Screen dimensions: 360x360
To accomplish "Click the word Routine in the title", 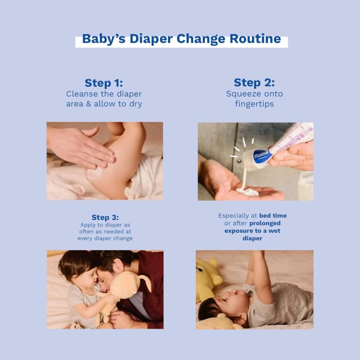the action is pos(255,39).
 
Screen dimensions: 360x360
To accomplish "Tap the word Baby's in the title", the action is pos(104,39).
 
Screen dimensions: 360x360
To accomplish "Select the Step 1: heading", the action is pos(104,83).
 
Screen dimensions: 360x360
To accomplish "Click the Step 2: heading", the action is pos(254,83).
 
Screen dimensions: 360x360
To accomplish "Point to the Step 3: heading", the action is pos(105,217).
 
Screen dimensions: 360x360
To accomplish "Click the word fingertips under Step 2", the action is pos(254,104).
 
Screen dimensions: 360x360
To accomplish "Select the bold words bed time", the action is pos(273,216).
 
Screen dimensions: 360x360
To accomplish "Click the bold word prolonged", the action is pos(265,223).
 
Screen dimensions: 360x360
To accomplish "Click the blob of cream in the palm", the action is pos(247,191).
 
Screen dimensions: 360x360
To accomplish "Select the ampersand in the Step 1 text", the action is pos(89,104).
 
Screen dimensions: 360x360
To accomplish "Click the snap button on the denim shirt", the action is pos(239,161).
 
